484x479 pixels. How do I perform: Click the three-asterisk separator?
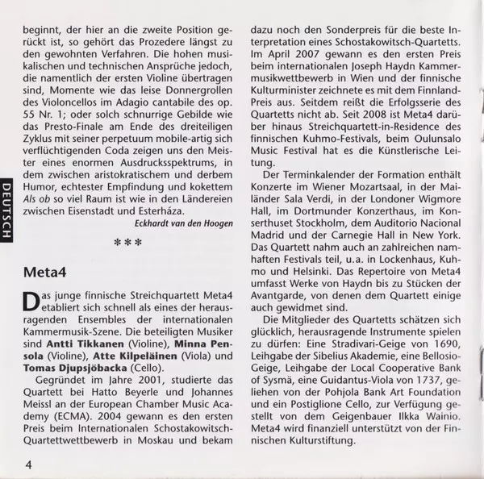[128, 241]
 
